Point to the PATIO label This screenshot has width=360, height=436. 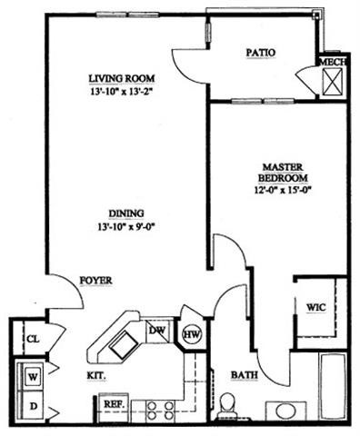pos(261,53)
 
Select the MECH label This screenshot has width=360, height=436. pos(330,63)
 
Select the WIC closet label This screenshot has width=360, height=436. pos(315,306)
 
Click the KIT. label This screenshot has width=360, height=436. pos(96,375)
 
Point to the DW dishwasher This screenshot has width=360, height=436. pos(157,331)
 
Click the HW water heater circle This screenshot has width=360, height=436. pos(192,335)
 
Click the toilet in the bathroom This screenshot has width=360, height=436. pos(227,402)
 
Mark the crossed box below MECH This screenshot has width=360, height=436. pos(331,83)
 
